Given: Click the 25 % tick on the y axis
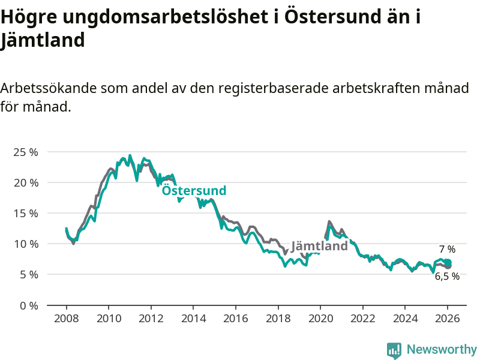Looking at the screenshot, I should click(x=25, y=152).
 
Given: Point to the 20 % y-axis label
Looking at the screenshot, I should click(x=25, y=182).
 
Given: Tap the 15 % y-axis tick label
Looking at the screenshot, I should click(x=25, y=213).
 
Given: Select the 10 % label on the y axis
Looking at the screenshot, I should click(x=25, y=244).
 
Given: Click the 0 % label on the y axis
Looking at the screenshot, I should click(x=28, y=305).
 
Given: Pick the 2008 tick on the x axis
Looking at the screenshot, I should click(x=66, y=318).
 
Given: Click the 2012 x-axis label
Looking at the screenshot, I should click(x=151, y=318).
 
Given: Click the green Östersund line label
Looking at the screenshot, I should click(x=194, y=191).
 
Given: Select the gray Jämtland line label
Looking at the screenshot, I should click(x=319, y=246).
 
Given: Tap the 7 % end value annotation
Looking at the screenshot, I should click(x=447, y=249).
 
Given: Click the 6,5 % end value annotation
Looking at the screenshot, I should click(x=447, y=277).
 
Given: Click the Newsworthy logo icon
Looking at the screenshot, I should click(x=394, y=350).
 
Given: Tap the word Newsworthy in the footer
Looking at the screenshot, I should click(x=442, y=349).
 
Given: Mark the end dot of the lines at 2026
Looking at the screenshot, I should click(x=448, y=263).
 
